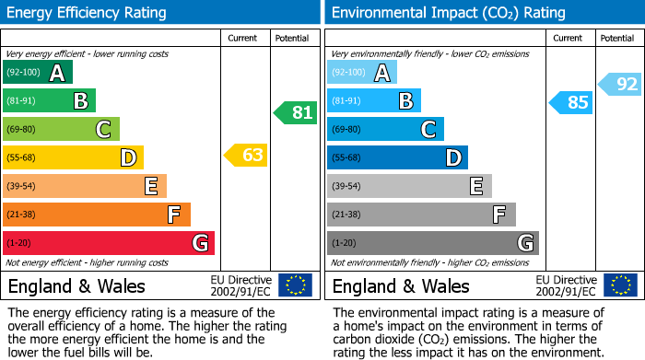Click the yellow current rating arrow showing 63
(246, 156)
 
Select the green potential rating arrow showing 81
(295, 113)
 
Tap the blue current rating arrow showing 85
(571, 102)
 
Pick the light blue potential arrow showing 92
(621, 85)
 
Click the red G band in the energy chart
(109, 243)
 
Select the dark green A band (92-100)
(38, 73)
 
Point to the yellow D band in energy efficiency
(74, 158)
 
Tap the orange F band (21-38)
(97, 215)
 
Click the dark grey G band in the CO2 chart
(432, 243)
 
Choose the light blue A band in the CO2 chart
(362, 73)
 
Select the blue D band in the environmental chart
(397, 158)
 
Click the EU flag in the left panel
(295, 285)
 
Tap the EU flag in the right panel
(619, 285)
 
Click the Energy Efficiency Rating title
(88, 13)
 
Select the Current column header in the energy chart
(243, 38)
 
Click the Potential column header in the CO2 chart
(617, 38)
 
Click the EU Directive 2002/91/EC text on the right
(567, 285)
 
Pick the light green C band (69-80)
(62, 130)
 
